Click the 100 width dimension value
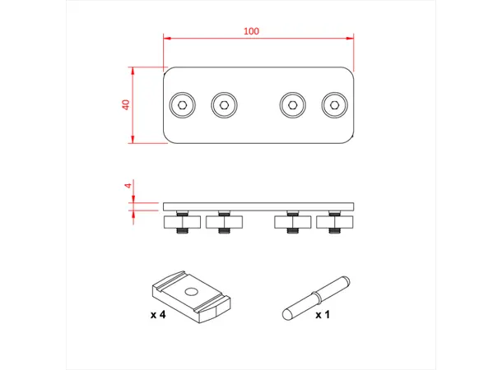click(x=251, y=31)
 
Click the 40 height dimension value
click(x=126, y=104)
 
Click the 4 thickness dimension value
click(x=128, y=186)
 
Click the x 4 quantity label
click(x=160, y=315)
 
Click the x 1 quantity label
click(x=323, y=315)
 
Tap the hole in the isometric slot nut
click(x=191, y=291)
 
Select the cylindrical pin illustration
click(x=316, y=296)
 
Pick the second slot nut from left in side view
click(x=222, y=221)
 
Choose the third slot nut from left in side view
click(x=292, y=221)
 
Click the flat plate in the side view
click(x=259, y=205)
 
